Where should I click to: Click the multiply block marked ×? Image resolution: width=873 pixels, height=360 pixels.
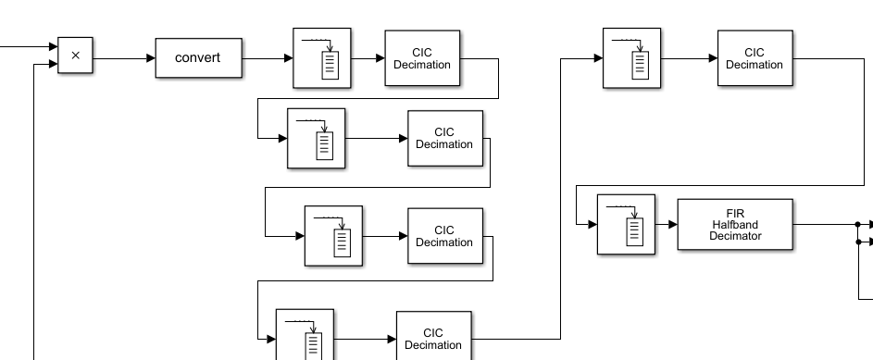(x=75, y=56)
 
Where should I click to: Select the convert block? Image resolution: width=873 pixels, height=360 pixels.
(x=198, y=57)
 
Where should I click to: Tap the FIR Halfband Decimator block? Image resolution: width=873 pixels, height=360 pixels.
(x=734, y=224)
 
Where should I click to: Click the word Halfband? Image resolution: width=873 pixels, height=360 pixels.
(x=735, y=224)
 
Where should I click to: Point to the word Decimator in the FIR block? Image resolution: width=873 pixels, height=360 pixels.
(x=735, y=235)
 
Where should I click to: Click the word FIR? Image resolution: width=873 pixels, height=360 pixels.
(x=735, y=213)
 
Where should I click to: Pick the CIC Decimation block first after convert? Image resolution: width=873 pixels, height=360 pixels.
(x=421, y=58)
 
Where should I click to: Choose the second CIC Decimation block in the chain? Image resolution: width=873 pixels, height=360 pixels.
(x=444, y=138)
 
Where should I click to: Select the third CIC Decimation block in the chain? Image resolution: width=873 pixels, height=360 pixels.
(x=444, y=236)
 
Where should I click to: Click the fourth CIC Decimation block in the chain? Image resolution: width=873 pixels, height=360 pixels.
(x=433, y=338)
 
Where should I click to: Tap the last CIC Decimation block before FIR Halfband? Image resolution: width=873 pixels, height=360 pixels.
(x=754, y=58)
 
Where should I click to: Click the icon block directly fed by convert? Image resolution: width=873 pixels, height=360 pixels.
(x=322, y=57)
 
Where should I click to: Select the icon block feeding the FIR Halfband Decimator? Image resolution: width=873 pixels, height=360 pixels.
(x=626, y=224)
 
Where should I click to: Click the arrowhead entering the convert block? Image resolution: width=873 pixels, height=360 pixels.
(x=150, y=57)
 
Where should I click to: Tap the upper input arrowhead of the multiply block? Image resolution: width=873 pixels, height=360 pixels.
(x=53, y=46)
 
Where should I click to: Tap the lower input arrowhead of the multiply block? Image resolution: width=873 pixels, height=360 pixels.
(x=53, y=65)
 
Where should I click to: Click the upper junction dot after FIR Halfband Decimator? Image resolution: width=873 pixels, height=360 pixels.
(x=858, y=224)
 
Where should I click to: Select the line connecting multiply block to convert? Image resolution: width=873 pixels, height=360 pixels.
(x=120, y=57)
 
